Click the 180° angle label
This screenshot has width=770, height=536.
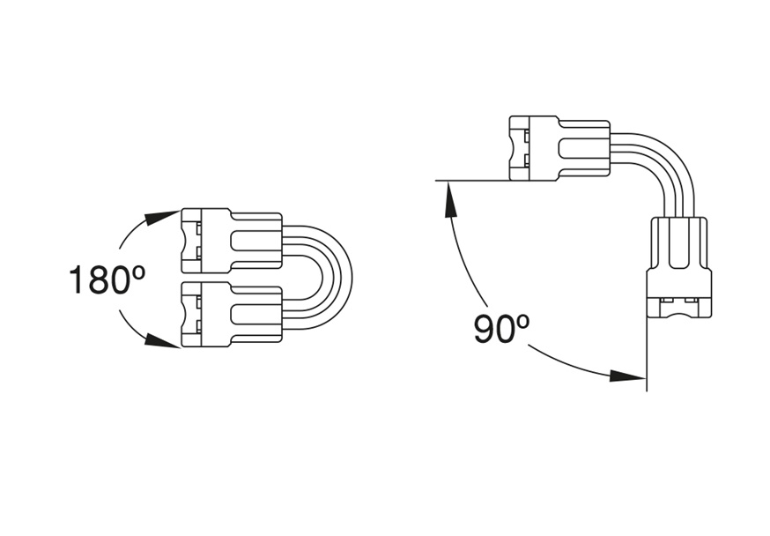(x=107, y=280)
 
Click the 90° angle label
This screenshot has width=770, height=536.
(x=502, y=328)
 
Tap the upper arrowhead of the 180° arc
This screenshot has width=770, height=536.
(x=161, y=217)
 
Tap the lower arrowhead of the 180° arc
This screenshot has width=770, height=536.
(x=161, y=340)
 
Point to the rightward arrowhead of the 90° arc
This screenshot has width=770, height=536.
(x=627, y=376)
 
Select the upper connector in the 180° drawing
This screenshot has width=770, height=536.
(x=232, y=241)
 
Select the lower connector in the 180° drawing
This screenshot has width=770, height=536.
(x=232, y=315)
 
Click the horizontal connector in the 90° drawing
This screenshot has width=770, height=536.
(x=559, y=148)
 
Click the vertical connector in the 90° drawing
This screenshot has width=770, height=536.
(x=678, y=267)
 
